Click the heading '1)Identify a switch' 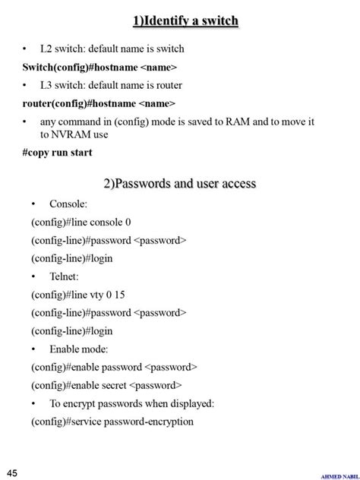[185, 21]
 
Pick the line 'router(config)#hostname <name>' [99, 103]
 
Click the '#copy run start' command [57, 152]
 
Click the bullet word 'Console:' [68, 204]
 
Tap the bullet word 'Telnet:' [65, 276]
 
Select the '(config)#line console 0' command [81, 223]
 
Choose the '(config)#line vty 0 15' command [78, 295]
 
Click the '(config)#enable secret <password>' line [107, 385]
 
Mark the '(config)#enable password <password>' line [115, 367]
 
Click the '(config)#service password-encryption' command [112, 422]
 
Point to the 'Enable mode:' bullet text [79, 349]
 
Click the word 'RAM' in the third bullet [238, 122]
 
